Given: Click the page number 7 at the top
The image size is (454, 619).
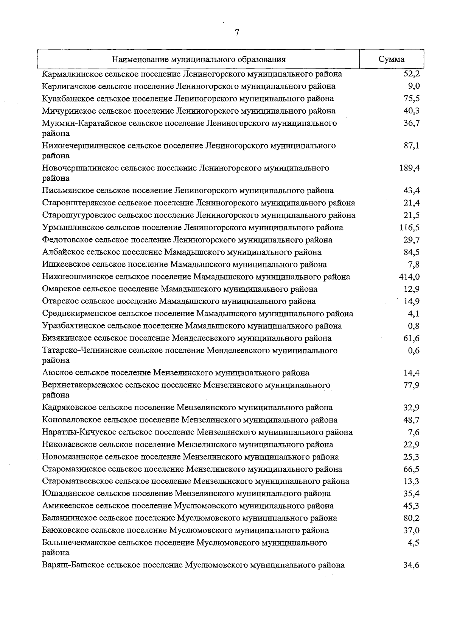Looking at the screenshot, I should (237, 33).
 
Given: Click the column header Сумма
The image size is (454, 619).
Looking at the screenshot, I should (391, 59).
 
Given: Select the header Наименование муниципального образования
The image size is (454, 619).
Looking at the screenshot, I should (199, 59).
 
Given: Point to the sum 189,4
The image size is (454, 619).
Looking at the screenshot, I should (409, 168).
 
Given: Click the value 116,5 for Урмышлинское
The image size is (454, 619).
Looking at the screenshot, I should (409, 228).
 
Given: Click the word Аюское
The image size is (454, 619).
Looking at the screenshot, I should (56, 373).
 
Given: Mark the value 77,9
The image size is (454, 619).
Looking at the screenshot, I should (411, 385).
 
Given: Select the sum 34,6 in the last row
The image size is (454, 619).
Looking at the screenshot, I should (411, 565).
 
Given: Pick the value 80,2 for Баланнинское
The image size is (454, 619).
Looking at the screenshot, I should (411, 518).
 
